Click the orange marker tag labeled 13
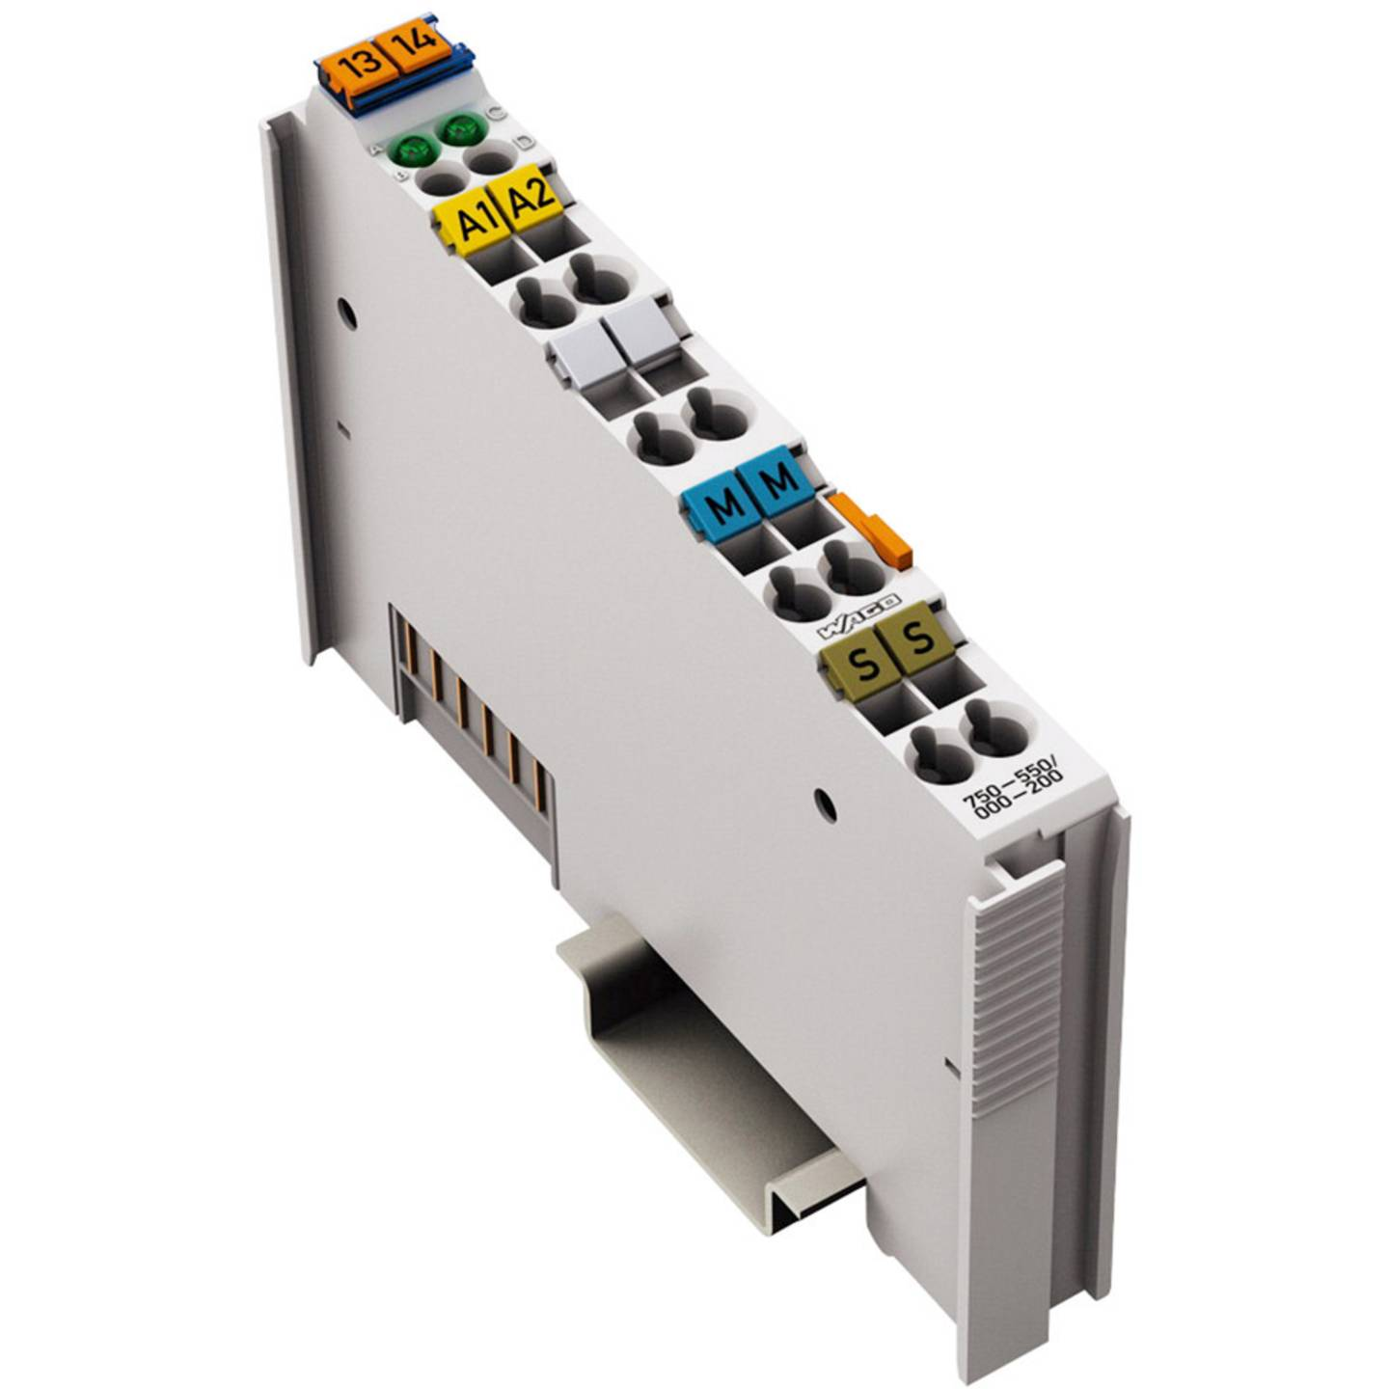point(360,66)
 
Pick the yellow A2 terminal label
point(530,198)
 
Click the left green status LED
point(412,150)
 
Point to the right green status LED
point(460,127)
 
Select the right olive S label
point(920,638)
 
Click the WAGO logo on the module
point(858,616)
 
